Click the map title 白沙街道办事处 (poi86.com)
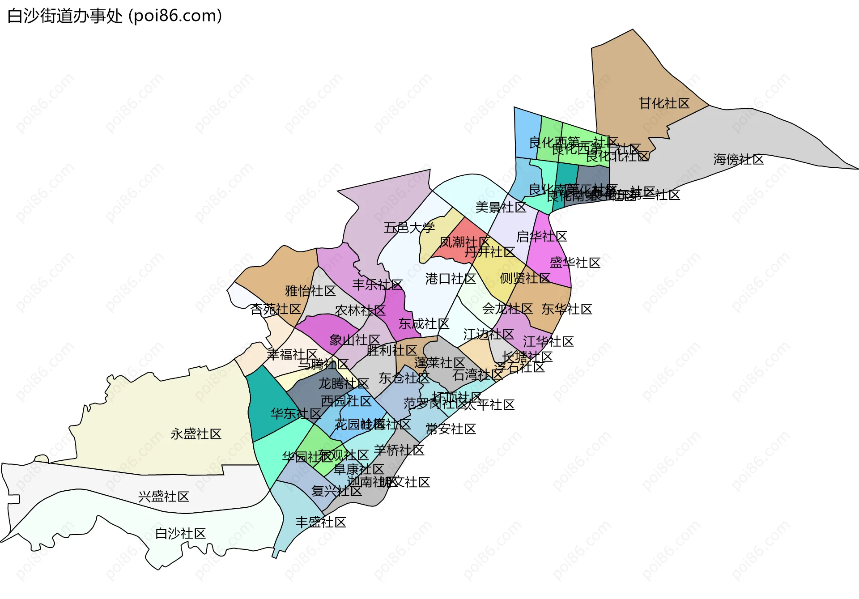(x=115, y=16)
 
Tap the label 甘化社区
(x=664, y=103)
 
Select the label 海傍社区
(x=739, y=159)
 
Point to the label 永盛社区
(x=196, y=434)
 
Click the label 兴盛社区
(x=164, y=497)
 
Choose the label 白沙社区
(x=180, y=534)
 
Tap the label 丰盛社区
(x=321, y=523)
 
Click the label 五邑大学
(x=409, y=228)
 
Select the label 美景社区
(x=501, y=208)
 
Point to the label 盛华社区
(x=575, y=263)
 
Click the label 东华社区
(x=567, y=309)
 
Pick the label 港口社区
(x=451, y=279)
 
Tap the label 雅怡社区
(x=310, y=291)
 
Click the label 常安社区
(x=451, y=429)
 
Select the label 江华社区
(x=548, y=342)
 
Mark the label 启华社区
(x=542, y=236)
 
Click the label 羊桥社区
(x=399, y=450)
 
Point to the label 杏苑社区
(x=276, y=309)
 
